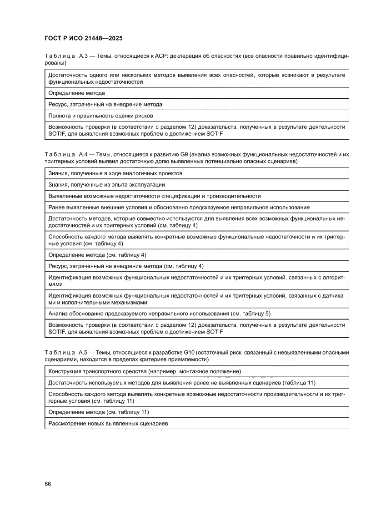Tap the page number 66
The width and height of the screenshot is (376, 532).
(x=48, y=483)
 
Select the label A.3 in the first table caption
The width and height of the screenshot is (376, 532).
(x=84, y=56)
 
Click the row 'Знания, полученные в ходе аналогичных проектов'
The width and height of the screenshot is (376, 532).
(x=115, y=173)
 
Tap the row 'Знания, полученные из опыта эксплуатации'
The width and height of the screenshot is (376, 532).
(x=106, y=185)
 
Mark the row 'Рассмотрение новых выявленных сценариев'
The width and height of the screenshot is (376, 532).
(x=108, y=423)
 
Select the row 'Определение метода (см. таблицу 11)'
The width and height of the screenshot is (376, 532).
(x=99, y=412)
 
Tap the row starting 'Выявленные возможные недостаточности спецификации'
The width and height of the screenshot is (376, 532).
(x=155, y=196)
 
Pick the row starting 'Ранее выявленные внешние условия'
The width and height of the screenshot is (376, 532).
(x=179, y=208)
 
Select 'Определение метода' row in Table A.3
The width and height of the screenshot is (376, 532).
(x=76, y=93)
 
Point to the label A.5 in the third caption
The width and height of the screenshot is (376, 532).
(x=84, y=353)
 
